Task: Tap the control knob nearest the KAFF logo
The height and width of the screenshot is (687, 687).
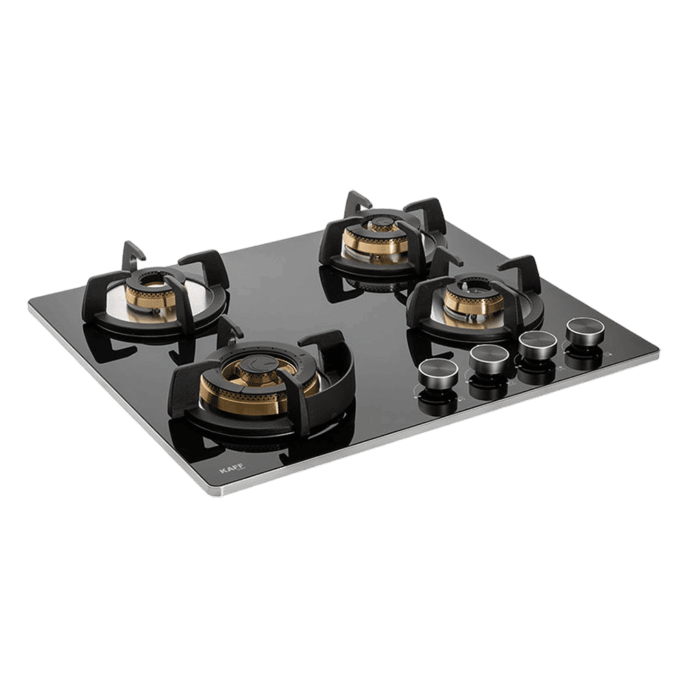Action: pos(438,371)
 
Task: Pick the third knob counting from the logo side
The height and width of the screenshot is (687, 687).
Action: pos(538,343)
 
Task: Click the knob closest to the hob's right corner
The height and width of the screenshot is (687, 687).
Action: pos(585,330)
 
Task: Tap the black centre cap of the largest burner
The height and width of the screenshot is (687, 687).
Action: pos(260,363)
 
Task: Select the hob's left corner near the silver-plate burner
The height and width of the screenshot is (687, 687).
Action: pos(31,306)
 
